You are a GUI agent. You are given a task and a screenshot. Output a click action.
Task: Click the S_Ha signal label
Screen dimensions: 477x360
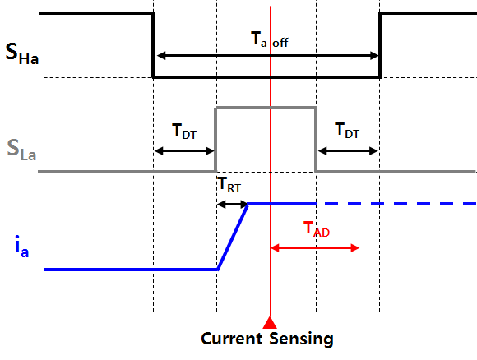pos(22,53)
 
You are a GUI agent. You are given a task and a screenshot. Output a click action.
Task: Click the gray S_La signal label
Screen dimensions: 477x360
pos(21,150)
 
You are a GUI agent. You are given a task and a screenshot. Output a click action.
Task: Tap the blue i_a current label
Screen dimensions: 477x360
pos(21,247)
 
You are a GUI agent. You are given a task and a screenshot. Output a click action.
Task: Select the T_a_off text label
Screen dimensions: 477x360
pos(270,39)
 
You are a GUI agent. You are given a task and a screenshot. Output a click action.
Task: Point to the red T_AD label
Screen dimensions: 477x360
pos(317,229)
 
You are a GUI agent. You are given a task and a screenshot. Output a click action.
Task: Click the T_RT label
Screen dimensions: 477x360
pos(229,185)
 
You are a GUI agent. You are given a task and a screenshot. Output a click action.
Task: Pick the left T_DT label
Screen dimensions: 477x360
pos(184,131)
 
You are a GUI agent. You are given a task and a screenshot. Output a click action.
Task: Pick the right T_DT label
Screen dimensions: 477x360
pos(347,131)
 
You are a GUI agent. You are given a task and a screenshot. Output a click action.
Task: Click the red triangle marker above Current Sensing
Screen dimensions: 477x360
pos(270,322)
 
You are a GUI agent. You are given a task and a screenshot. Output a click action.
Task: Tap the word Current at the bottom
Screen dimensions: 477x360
pos(231,339)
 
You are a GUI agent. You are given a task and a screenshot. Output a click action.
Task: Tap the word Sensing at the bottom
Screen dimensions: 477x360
pos(302,339)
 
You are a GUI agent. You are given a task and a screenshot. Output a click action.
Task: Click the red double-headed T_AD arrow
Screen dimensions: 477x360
pos(315,247)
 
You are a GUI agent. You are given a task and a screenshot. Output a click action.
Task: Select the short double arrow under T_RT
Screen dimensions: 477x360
pos(233,204)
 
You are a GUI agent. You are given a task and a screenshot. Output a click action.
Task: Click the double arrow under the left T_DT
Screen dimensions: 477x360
pos(184,150)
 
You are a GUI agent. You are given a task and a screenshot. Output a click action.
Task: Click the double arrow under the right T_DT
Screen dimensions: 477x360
pos(348,150)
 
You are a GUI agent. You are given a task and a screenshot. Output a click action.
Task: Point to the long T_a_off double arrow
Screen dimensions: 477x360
pos(268,56)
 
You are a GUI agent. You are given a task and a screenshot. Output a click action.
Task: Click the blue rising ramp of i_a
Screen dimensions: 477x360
pos(233,237)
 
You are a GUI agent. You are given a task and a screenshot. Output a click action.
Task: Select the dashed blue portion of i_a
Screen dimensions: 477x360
pos(396,204)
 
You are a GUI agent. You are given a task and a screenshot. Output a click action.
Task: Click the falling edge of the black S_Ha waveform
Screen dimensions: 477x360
pos(153,45)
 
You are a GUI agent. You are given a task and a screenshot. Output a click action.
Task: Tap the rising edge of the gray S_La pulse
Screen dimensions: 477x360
pos(215,140)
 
